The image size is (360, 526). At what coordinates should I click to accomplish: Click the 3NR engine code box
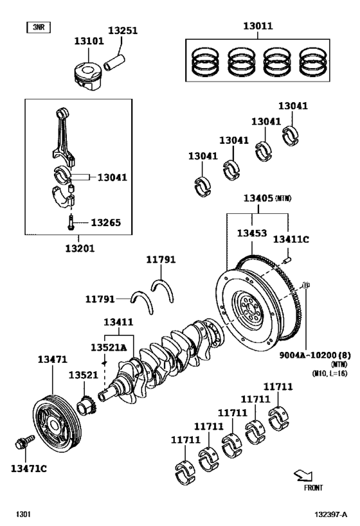(x=38, y=27)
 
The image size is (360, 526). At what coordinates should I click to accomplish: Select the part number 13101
(x=88, y=41)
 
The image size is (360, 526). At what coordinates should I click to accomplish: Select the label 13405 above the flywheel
(x=258, y=199)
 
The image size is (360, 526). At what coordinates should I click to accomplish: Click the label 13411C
(x=291, y=240)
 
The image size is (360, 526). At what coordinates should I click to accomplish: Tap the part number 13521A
(x=107, y=347)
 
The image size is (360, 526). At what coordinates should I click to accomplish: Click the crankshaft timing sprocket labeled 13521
(x=85, y=406)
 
